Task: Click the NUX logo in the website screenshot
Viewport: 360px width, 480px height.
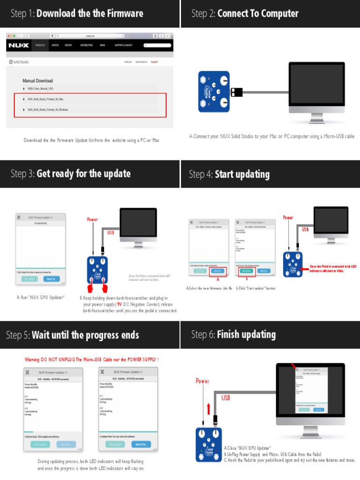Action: click(18, 45)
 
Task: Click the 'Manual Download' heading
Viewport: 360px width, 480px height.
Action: click(37, 81)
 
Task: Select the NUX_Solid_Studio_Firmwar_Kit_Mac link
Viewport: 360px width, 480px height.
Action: click(45, 99)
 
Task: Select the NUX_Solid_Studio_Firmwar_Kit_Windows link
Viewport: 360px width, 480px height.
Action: click(48, 110)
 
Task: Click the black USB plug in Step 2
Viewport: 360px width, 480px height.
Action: click(237, 92)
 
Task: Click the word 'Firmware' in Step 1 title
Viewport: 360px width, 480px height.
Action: click(120, 13)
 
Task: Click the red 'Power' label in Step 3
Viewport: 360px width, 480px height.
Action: click(92, 219)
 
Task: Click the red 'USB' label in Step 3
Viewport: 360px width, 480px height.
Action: click(111, 232)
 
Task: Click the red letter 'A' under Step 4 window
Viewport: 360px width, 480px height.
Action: click(217, 279)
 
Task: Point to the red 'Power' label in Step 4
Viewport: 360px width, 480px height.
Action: click(288, 217)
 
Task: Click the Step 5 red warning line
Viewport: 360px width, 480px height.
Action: click(91, 360)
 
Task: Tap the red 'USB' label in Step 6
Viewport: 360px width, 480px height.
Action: click(226, 397)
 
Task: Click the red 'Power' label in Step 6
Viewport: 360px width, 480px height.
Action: click(202, 381)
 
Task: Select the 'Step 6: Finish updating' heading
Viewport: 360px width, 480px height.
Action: click(233, 335)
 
